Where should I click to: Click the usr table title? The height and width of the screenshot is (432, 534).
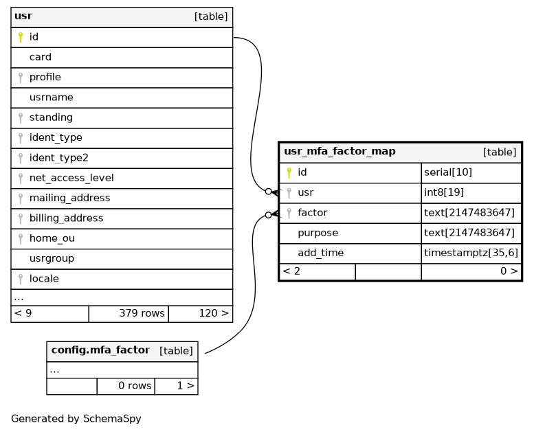pyautogui.click(x=23, y=16)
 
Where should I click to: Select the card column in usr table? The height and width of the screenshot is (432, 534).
pyautogui.click(x=40, y=57)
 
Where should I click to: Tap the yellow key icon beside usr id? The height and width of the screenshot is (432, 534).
pyautogui.click(x=21, y=37)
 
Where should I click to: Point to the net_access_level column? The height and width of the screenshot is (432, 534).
pyautogui.click(x=71, y=178)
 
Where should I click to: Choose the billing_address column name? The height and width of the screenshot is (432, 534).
pyautogui.click(x=66, y=218)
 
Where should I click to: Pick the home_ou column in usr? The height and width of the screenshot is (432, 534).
pyautogui.click(x=52, y=238)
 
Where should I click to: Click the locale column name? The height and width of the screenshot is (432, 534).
pyautogui.click(x=44, y=278)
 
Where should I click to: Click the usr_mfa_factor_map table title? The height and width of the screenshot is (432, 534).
pyautogui.click(x=340, y=151)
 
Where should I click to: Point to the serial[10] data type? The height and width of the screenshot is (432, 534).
pyautogui.click(x=448, y=172)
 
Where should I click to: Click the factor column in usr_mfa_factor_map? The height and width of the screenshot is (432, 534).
pyautogui.click(x=312, y=212)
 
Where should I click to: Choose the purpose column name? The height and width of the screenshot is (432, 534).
pyautogui.click(x=318, y=233)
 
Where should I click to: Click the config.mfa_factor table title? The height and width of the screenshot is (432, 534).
pyautogui.click(x=100, y=350)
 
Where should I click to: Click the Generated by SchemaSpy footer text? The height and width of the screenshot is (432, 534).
pyautogui.click(x=76, y=418)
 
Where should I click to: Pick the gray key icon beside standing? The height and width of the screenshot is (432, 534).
pyautogui.click(x=21, y=118)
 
